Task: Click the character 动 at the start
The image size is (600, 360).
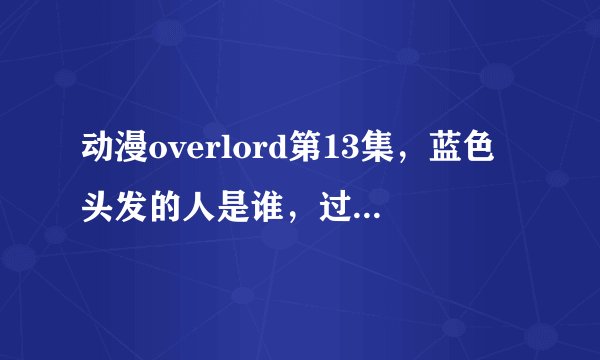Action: pyautogui.click(x=99, y=149)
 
